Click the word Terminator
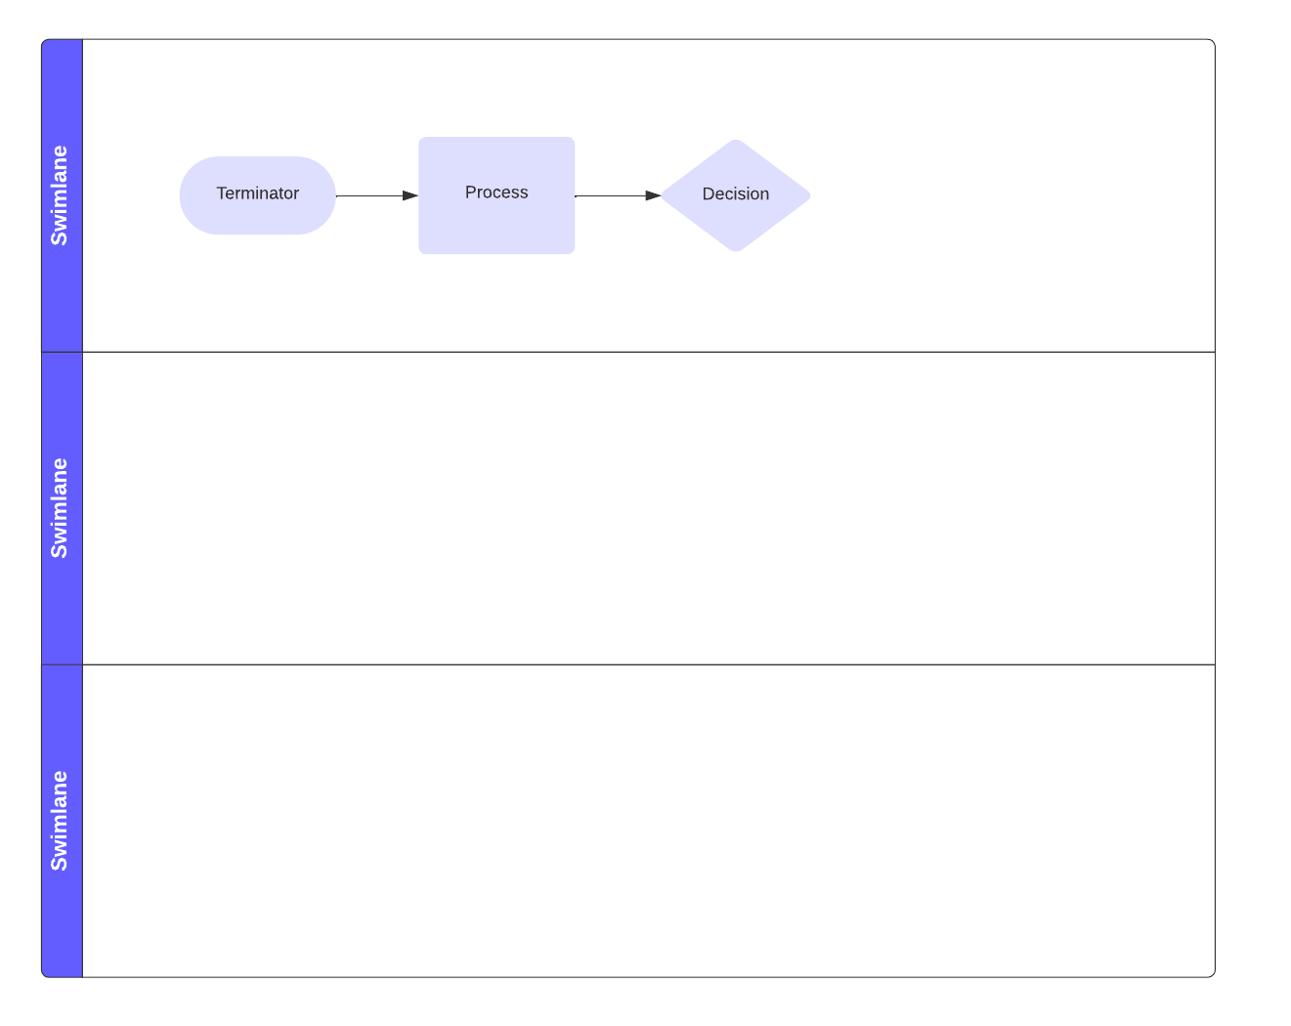coord(257,193)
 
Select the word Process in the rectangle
coord(496,192)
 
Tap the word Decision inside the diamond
coord(736,193)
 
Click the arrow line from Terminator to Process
coord(376,195)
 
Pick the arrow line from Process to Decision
coord(618,195)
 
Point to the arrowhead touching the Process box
coord(410,195)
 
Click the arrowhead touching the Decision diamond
coord(653,195)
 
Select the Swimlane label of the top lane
coord(59,195)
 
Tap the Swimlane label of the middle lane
coord(59,508)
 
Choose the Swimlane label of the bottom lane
coord(59,821)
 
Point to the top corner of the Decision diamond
coord(736,141)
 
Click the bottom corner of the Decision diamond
coord(736,251)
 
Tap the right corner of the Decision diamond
coord(810,195)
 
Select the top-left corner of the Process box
coord(420,138)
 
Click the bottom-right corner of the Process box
coord(574,253)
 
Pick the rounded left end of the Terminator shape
coord(181,195)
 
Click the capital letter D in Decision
coord(708,193)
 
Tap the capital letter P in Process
coord(470,192)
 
